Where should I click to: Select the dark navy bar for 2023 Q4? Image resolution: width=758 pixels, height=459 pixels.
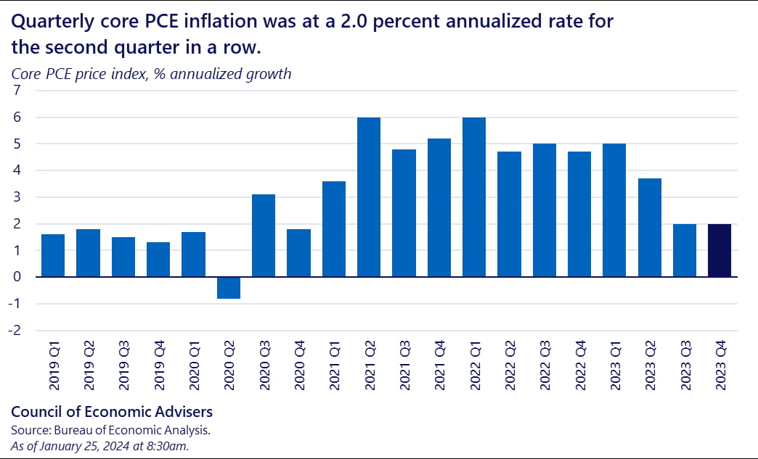720,250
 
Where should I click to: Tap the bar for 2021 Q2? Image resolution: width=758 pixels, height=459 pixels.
369,197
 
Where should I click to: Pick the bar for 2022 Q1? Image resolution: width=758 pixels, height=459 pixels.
474,197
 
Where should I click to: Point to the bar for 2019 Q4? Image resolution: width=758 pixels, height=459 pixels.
158,260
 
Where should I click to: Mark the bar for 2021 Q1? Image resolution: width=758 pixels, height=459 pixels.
334,229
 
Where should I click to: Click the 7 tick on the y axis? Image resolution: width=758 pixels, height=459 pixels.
18,91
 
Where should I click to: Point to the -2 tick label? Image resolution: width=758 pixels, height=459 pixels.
16,331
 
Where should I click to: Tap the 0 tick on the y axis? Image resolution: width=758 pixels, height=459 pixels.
18,277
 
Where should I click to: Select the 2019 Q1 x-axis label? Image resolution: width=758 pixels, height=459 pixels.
53,370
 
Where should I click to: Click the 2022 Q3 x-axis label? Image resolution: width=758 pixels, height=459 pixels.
545,370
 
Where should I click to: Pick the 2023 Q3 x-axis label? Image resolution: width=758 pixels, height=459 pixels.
685,370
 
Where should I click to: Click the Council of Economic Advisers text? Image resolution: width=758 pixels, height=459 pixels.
112,412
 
